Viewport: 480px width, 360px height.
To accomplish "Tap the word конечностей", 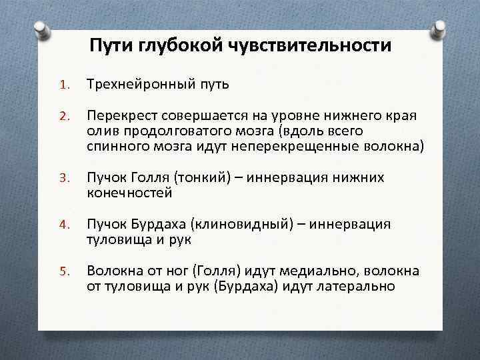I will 129,193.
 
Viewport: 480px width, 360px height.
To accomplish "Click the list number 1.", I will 64,86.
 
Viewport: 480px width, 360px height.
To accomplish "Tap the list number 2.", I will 64,117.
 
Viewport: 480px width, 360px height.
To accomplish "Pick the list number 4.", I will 64,225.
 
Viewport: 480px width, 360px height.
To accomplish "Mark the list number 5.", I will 64,272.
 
